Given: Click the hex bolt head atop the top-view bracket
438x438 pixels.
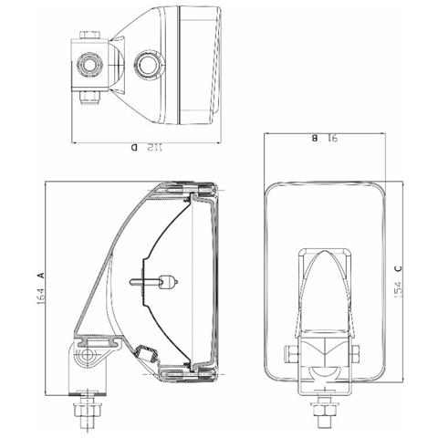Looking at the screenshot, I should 89,36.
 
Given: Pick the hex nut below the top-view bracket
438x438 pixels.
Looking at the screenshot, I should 89,97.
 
